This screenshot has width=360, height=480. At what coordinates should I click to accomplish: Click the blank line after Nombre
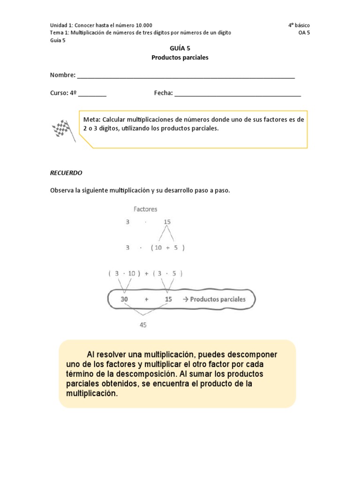pyautogui.click(x=186, y=76)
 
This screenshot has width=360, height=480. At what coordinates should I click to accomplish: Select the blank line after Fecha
pyautogui.click(x=237, y=94)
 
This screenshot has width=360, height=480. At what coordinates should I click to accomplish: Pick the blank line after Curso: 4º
pyautogui.click(x=92, y=94)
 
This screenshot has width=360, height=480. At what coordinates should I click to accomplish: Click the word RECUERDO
pyautogui.click(x=66, y=172)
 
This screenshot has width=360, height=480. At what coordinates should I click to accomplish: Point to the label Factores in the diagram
pyautogui.click(x=145, y=209)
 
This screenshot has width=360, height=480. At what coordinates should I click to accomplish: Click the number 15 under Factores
pyautogui.click(x=167, y=223)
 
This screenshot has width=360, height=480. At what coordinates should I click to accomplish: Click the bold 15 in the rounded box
pyautogui.click(x=168, y=299)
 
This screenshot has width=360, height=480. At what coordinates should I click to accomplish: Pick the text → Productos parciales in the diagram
pyautogui.click(x=214, y=299)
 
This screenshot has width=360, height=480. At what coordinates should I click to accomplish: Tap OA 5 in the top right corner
pyautogui.click(x=304, y=33)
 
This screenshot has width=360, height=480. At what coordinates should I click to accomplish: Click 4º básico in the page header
pyautogui.click(x=299, y=25)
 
